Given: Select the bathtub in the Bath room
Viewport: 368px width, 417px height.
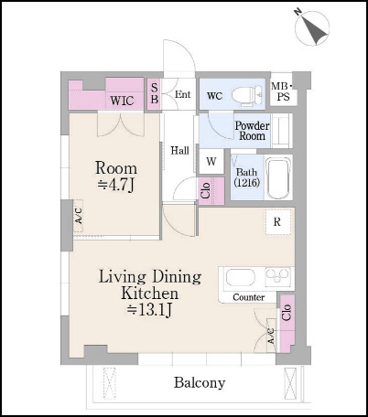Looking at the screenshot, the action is point(277,177).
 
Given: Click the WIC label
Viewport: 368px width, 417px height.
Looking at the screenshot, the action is point(122,101).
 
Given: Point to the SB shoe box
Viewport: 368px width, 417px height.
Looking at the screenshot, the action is point(155,94).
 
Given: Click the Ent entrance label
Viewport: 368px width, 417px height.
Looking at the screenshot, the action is point(182,94).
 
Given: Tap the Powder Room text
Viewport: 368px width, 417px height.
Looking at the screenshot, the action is point(252,131).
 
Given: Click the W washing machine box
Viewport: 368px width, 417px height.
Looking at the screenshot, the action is point(211,162).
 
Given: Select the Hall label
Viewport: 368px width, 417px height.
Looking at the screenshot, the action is point(179,151).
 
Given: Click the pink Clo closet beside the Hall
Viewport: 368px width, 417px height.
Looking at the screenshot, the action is point(211,191).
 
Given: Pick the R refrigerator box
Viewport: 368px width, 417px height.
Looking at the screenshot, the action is point(277,222).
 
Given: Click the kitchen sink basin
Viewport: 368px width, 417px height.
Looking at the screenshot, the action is point(240,278).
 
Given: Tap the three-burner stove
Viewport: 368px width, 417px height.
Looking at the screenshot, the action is point(277,277).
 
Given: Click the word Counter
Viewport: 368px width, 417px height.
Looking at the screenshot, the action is point(249,297).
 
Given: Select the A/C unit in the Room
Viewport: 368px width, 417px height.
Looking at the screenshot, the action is point(79,216).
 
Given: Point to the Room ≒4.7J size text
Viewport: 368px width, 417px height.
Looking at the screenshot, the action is point(116,176).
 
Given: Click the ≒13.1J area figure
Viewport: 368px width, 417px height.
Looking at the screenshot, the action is point(149,310).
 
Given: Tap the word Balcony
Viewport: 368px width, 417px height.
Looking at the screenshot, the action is point(200,383).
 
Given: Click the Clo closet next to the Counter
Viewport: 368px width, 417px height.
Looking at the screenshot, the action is point(287,323).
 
